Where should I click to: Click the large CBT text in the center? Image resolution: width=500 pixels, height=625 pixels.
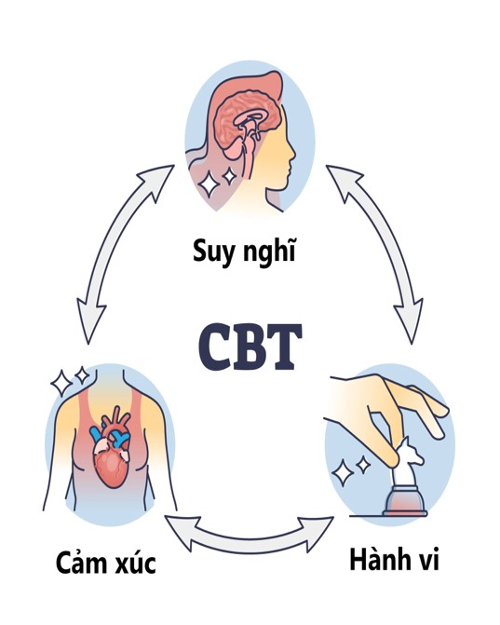click(x=250, y=346)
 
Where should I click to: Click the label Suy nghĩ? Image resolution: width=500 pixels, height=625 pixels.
click(x=244, y=252)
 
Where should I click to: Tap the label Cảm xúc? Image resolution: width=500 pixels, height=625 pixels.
click(x=105, y=562)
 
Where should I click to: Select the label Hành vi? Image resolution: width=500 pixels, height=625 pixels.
click(x=394, y=559)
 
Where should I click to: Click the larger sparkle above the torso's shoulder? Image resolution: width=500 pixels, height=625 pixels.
click(x=61, y=383)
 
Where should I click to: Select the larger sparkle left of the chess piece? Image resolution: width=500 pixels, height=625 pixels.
click(x=343, y=473)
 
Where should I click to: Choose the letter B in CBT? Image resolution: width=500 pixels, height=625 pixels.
click(x=250, y=346)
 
